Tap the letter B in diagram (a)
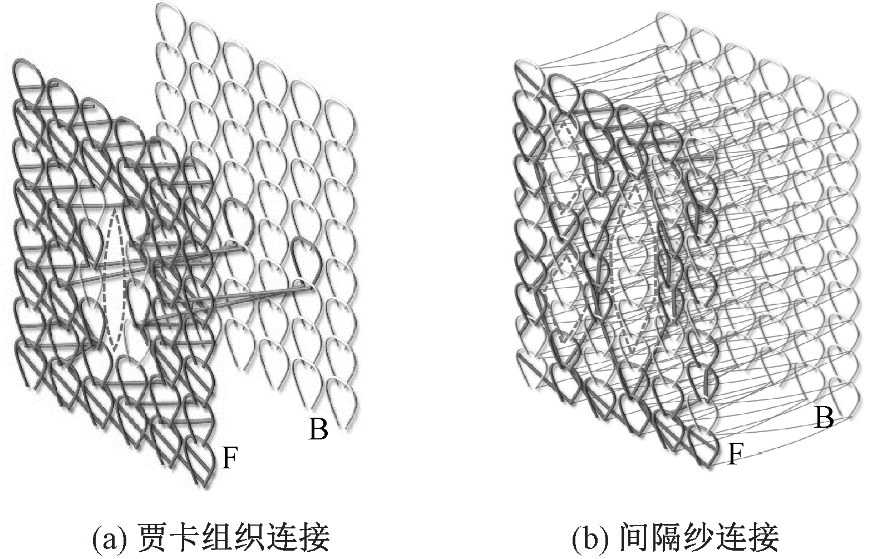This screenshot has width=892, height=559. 318,429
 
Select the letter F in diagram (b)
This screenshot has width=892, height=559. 736,454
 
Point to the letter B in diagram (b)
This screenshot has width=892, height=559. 824,417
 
